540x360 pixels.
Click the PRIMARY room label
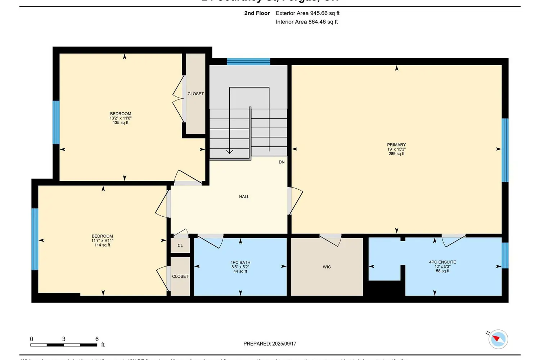(396, 145)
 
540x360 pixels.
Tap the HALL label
(244, 197)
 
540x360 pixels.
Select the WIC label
(327, 267)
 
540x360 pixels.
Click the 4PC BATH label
(240, 262)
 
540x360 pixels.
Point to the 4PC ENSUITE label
(442, 262)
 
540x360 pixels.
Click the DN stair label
(282, 162)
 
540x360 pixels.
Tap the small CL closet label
(180, 246)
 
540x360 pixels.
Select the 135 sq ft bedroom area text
(121, 123)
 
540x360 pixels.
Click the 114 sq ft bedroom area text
(102, 245)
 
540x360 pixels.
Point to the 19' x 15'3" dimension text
(396, 149)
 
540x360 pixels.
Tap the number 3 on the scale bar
(64, 339)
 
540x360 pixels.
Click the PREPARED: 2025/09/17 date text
(270, 344)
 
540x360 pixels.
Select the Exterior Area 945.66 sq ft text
(307, 13)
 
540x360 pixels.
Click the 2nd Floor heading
(257, 13)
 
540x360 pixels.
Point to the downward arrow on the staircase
(229, 151)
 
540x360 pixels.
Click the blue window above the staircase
(248, 62)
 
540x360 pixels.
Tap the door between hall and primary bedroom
(295, 201)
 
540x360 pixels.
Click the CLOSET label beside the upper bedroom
(195, 94)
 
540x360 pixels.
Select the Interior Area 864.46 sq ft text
(307, 22)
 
